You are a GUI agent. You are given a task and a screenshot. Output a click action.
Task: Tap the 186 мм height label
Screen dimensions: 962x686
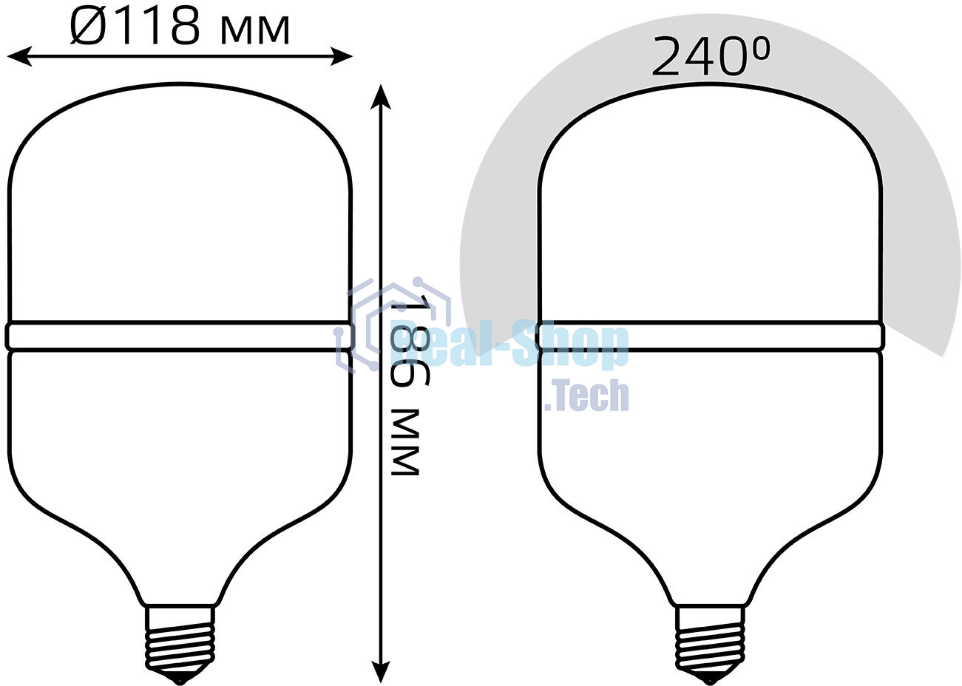pyautogui.click(x=404, y=385)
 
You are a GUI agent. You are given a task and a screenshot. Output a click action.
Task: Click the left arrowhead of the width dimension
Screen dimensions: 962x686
pyautogui.click(x=20, y=56)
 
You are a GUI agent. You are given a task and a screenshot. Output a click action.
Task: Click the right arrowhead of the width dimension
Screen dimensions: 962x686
pyautogui.click(x=341, y=56)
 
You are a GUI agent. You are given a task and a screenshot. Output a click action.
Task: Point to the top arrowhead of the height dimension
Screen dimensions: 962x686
pyautogui.click(x=381, y=97)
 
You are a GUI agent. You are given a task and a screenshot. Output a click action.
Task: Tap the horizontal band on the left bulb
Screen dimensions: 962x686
pyautogui.click(x=180, y=336)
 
